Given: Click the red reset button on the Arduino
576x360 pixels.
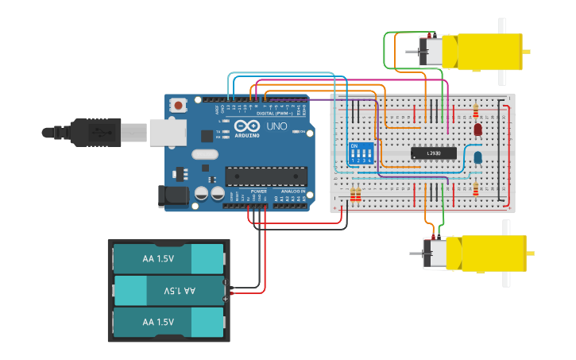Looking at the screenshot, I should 180,105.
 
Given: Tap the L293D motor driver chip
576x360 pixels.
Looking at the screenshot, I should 434,153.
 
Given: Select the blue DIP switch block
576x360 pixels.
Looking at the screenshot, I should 361,153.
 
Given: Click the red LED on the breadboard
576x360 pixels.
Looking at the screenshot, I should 477,130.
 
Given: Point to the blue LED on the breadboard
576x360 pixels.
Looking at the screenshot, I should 477,157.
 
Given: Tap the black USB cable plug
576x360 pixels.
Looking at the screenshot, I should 95,132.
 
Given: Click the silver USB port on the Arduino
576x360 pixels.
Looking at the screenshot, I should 165,131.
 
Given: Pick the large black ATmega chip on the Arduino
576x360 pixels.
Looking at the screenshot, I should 265,176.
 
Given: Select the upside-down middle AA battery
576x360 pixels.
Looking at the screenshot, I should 168,291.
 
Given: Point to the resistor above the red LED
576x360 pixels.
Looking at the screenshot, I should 476,110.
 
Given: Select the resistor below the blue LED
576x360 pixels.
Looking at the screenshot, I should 476,188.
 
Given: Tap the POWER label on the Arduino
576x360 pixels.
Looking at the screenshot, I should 259,192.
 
